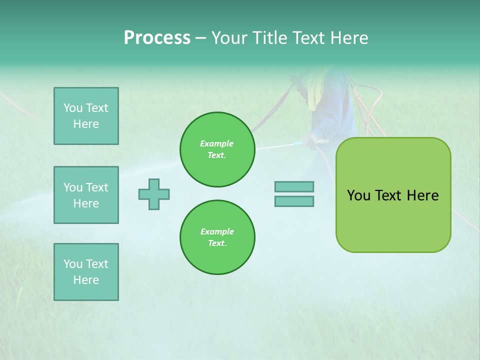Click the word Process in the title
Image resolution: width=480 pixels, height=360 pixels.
click(x=157, y=38)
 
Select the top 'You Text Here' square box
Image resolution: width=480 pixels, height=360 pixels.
click(x=86, y=116)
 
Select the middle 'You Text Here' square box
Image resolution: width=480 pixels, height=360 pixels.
click(x=86, y=195)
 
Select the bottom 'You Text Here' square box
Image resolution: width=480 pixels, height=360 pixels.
click(x=86, y=272)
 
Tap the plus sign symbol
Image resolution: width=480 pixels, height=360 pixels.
click(x=154, y=194)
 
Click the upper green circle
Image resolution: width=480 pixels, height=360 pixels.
click(x=217, y=149)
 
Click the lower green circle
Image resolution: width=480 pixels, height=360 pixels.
click(x=217, y=237)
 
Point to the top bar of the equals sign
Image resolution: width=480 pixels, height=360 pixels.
click(x=294, y=186)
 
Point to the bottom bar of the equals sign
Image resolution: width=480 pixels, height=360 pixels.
click(x=294, y=201)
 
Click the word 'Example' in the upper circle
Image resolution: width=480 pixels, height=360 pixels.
click(x=217, y=143)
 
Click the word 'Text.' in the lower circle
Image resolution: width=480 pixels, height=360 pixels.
click(x=217, y=243)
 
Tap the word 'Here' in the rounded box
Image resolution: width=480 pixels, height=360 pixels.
click(x=422, y=195)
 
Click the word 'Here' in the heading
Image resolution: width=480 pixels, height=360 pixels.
click(x=349, y=38)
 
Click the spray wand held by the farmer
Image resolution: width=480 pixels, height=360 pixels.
click(x=280, y=146)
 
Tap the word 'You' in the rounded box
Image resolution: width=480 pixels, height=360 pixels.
click(x=358, y=195)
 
